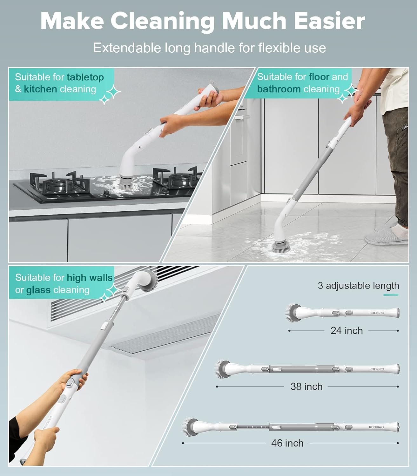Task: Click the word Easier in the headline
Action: pos(329,21)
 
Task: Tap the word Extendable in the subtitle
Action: pos(127,48)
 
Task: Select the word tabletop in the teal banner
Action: pos(85,77)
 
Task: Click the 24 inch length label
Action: pos(347,331)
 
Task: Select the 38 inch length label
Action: pos(306,387)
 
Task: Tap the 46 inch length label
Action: pos(287,443)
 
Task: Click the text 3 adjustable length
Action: pos(359,286)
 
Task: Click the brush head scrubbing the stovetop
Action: pos(127,183)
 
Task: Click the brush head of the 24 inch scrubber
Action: pos(293,313)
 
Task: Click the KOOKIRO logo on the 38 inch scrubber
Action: pos(376,369)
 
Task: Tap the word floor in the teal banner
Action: pos(319,77)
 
